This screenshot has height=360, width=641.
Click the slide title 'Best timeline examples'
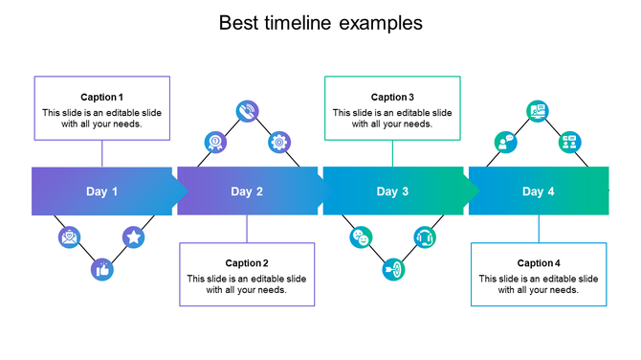click(320, 22)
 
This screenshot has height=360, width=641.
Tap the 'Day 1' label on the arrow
click(102, 191)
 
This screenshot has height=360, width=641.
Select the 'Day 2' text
click(247, 191)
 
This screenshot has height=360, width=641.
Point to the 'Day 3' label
click(392, 191)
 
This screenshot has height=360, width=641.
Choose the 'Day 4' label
click(539, 191)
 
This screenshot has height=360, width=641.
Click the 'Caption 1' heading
click(101, 98)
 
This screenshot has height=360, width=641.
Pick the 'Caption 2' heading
click(247, 263)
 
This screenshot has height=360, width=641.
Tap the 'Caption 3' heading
click(392, 98)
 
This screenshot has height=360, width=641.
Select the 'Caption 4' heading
click(539, 263)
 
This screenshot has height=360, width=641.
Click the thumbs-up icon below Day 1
click(101, 270)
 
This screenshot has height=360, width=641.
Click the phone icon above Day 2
click(247, 111)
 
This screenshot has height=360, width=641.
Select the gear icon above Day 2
click(278, 143)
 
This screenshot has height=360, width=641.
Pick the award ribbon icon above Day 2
click(215, 143)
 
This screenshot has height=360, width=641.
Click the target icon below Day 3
click(392, 270)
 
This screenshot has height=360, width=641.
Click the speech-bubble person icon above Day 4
click(506, 143)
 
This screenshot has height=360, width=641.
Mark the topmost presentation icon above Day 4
click(538, 111)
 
